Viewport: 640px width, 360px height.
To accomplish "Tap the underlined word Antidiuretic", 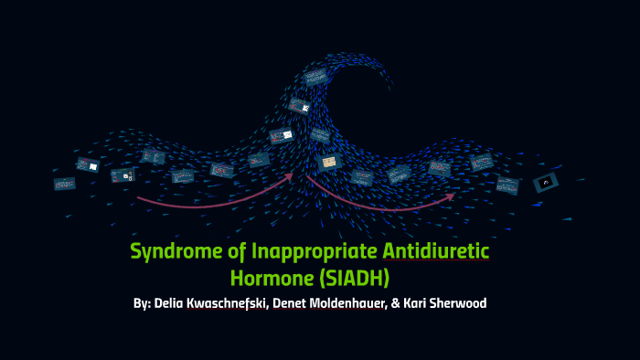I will click(436, 250).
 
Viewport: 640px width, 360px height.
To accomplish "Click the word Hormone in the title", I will click(267, 273).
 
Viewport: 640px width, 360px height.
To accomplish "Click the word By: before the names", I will click(144, 302).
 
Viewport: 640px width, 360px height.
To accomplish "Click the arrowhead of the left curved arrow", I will click(291, 174).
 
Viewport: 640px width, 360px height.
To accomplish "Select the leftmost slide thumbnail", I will click(64, 183).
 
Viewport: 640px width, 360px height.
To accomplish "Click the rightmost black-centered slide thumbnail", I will click(546, 182).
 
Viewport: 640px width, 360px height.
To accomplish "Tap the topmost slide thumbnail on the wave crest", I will click(315, 76).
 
